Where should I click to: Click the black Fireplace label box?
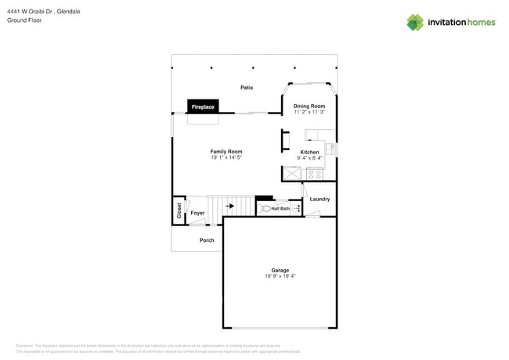203,106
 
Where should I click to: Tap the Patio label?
247,88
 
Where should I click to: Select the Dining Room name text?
309,106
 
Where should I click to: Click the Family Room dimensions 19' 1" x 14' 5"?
226,158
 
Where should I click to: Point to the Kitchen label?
310,152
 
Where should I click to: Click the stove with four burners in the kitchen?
315,174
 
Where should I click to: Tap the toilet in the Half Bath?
265,209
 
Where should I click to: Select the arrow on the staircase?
229,207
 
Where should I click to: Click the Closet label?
179,210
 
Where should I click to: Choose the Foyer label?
197,213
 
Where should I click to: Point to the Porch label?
207,240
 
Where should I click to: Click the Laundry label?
319,199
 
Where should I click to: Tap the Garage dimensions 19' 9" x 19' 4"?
280,276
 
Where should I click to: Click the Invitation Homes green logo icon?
415,23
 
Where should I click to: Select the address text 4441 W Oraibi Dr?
34,12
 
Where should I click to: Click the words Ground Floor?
24,20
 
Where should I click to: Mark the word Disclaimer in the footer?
25,345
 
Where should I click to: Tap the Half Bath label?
280,209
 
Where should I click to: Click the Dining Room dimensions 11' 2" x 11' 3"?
309,112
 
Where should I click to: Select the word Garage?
280,270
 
